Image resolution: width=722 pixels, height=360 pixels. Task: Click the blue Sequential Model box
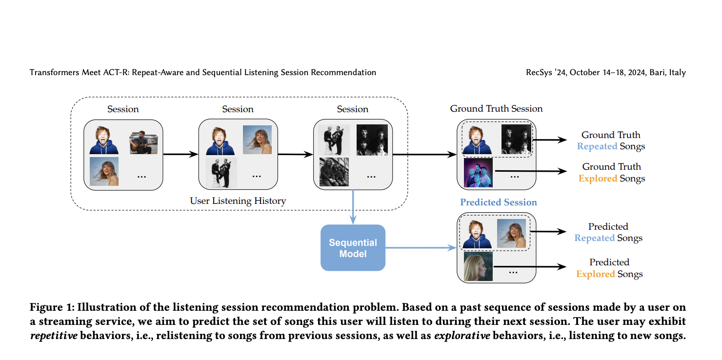coord(353,248)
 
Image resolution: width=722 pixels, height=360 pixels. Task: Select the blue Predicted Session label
coord(498,202)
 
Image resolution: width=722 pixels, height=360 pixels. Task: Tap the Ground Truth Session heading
coord(496,109)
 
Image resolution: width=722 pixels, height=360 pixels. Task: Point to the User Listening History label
coord(238,201)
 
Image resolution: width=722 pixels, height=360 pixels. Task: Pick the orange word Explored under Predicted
coord(595,274)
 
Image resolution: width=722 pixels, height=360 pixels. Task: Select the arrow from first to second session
coord(180,155)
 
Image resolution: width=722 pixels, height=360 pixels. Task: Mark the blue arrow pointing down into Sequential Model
coord(353,207)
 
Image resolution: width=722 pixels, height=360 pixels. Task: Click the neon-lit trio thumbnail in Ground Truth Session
coord(478,173)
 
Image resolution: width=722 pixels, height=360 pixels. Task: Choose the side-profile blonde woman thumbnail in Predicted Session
coord(478,266)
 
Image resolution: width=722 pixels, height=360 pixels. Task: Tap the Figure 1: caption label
coord(51,307)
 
